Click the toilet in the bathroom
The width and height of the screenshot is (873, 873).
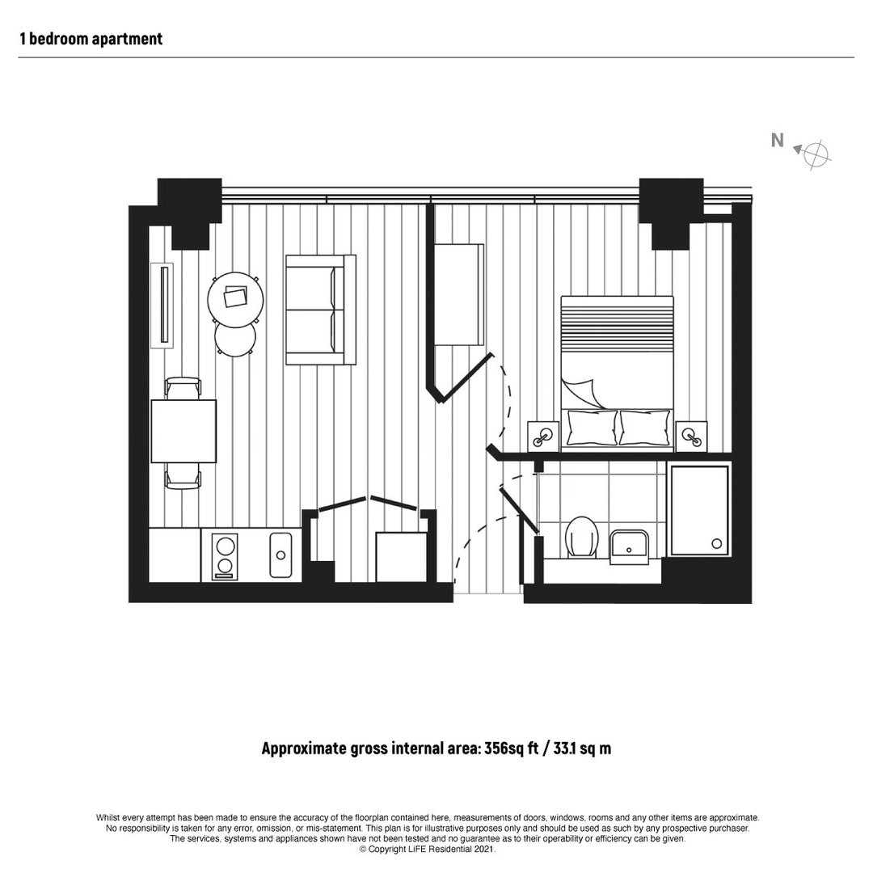[581, 537]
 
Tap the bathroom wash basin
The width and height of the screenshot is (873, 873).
[629, 546]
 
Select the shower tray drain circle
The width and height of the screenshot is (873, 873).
[717, 543]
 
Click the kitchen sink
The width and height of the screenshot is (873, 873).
[280, 555]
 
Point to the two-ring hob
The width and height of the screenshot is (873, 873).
[225, 556]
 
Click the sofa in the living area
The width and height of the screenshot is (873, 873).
[321, 310]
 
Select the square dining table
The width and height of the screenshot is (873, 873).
[183, 431]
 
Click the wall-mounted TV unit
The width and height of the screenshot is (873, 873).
[162, 305]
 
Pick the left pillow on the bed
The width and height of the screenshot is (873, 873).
[592, 428]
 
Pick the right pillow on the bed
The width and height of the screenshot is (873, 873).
[645, 428]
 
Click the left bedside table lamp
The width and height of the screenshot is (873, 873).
[543, 436]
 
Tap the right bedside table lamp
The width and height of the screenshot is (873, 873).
[691, 436]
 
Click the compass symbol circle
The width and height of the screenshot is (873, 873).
[816, 154]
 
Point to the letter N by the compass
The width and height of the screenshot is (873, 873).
[778, 141]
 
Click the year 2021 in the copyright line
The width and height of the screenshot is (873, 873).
[484, 849]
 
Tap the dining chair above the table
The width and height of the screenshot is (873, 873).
[183, 388]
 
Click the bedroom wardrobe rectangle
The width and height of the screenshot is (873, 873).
[459, 294]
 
